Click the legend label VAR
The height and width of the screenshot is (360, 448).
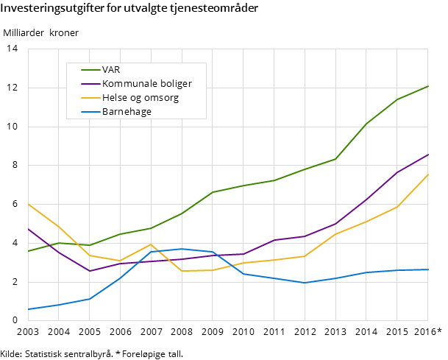(111, 70)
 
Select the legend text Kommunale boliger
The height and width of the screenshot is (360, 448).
(147, 84)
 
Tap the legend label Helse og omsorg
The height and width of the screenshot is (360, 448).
(141, 98)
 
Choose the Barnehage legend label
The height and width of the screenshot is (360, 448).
(127, 112)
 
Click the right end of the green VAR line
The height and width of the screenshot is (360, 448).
(427, 86)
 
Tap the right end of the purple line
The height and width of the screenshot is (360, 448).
(427, 155)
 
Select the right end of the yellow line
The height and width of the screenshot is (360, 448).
(427, 174)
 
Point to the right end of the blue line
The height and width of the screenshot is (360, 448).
(427, 269)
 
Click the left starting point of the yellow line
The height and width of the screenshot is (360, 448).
(28, 204)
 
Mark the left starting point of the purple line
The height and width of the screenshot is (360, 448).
(28, 229)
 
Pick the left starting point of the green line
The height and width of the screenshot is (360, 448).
(28, 251)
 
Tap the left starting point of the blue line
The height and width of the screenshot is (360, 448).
(28, 309)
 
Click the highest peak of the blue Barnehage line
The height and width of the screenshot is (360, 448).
(182, 249)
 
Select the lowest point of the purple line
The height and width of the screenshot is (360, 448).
(90, 271)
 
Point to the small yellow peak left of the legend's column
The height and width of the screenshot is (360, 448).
(151, 244)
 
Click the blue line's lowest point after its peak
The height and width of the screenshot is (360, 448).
(305, 283)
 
